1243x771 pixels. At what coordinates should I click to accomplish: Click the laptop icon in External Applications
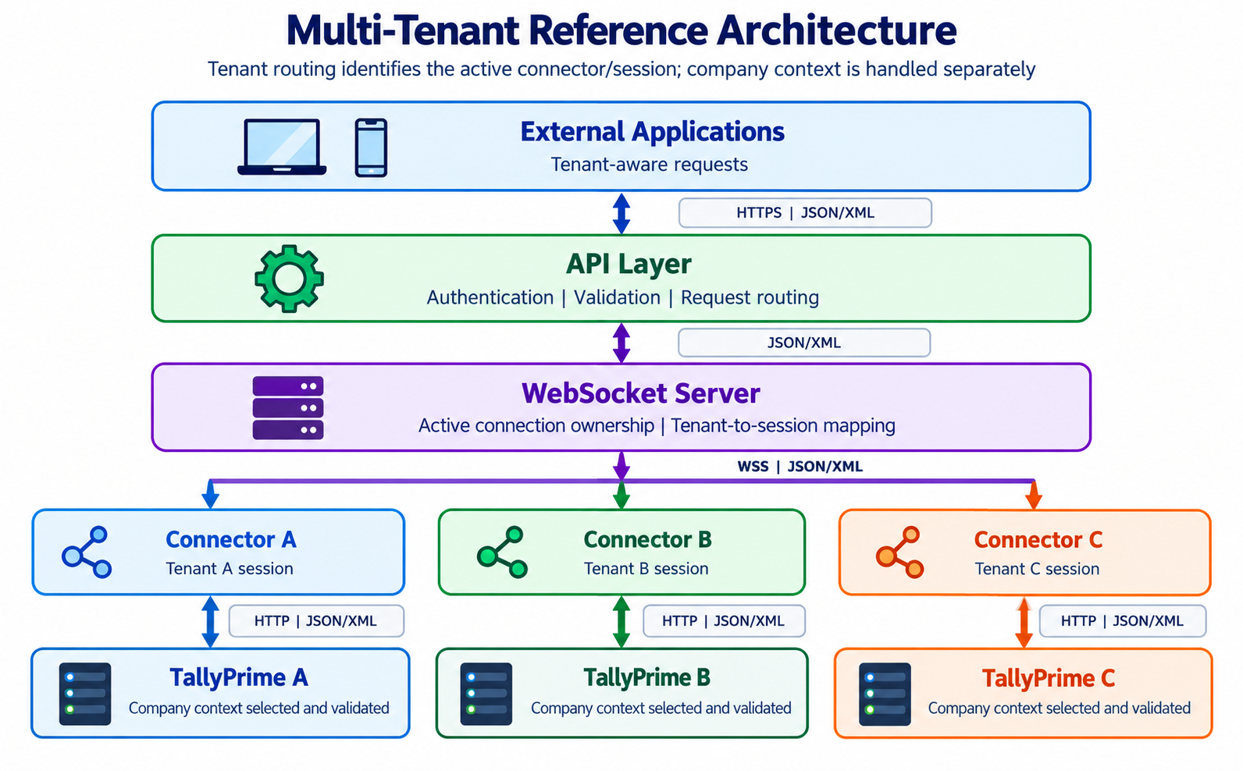click(x=282, y=147)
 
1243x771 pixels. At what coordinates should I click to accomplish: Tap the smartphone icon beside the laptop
click(x=371, y=147)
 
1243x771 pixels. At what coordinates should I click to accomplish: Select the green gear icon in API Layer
click(x=289, y=279)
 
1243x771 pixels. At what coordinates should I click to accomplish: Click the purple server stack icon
click(x=288, y=407)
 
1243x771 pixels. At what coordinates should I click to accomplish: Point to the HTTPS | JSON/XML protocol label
click(x=805, y=213)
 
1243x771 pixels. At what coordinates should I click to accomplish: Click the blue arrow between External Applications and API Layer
click(x=621, y=214)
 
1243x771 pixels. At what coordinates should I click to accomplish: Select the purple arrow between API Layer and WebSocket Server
click(x=621, y=343)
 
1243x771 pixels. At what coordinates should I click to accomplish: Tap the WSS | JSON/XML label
click(x=800, y=467)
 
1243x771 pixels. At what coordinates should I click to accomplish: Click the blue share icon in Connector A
click(x=87, y=552)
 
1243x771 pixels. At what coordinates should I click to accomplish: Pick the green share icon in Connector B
click(x=502, y=552)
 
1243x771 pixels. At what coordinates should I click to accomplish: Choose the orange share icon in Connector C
click(x=899, y=552)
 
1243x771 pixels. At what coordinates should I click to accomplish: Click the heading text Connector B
click(x=647, y=539)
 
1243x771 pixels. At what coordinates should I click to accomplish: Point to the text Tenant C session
click(x=1037, y=569)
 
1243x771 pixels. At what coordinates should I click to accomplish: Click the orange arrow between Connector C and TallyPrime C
click(x=1024, y=622)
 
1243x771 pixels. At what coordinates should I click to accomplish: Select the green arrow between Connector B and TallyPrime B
click(x=621, y=622)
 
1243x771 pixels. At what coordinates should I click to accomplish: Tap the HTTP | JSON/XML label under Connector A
click(x=315, y=620)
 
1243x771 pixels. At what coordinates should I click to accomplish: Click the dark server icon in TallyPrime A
click(x=85, y=694)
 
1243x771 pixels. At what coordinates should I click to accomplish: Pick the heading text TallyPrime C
click(x=1049, y=678)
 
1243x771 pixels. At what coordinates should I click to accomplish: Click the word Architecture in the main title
click(x=837, y=30)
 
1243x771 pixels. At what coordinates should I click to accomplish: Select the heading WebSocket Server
click(x=641, y=393)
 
